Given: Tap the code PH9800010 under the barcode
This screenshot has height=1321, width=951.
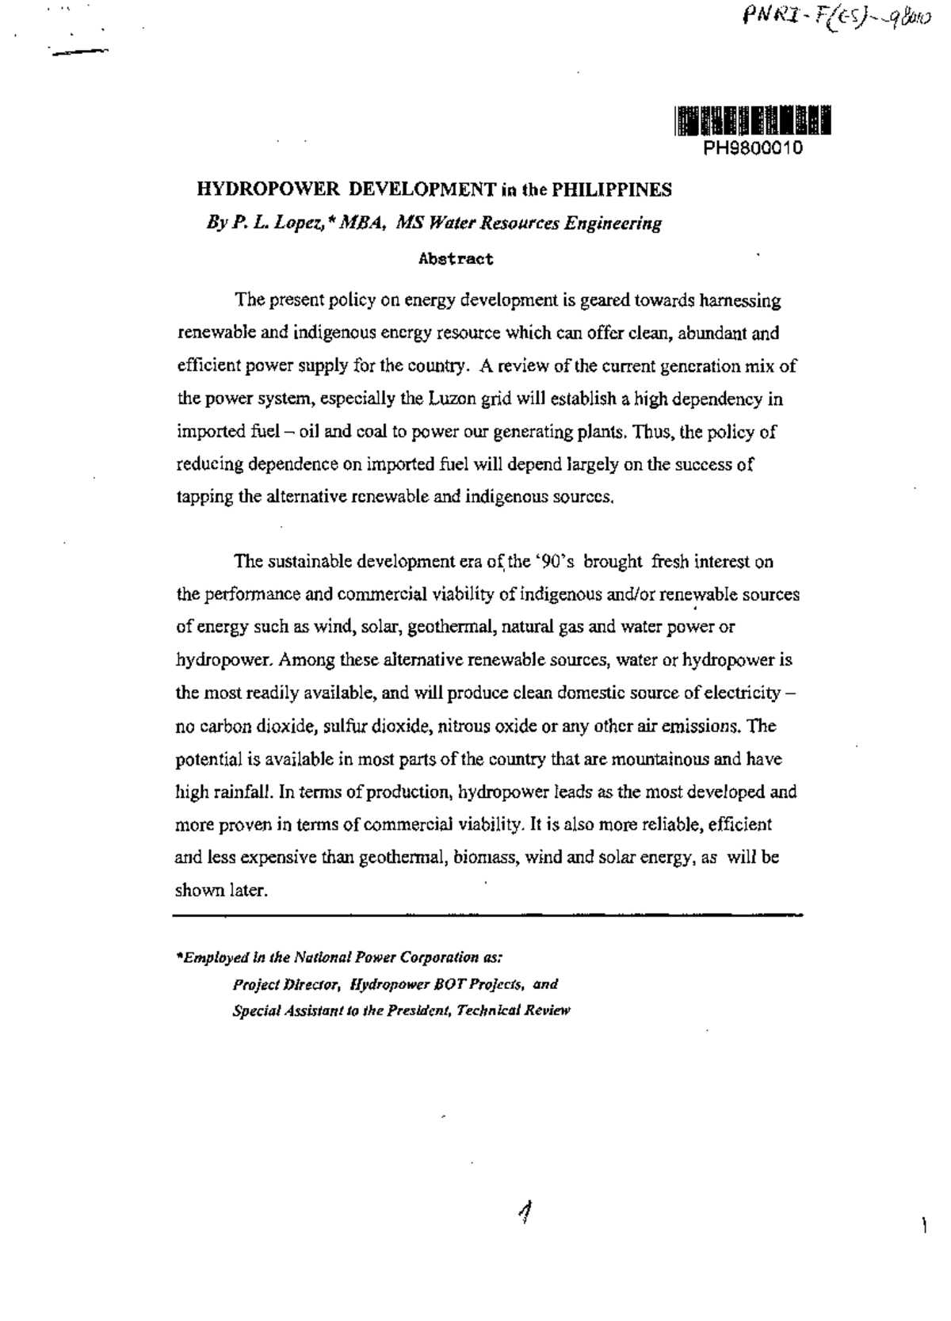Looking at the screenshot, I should (x=753, y=148).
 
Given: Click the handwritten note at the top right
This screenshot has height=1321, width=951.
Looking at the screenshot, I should (x=825, y=17).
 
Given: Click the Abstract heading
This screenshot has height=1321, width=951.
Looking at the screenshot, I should (x=456, y=258).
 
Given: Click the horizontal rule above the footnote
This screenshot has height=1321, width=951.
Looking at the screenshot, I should (x=487, y=914).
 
